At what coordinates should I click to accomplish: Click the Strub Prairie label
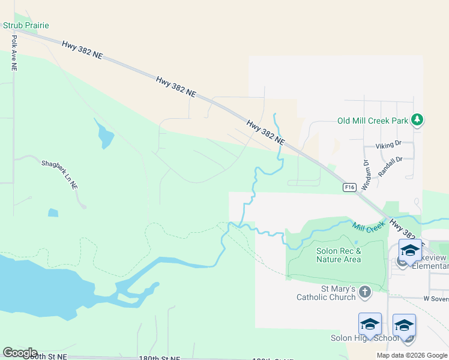tap(26, 25)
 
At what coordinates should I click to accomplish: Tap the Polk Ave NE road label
tap(13, 53)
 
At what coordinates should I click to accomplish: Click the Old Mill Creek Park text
tap(373, 121)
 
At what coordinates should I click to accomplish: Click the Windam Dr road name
tap(366, 168)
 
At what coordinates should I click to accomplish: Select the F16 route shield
tap(350, 187)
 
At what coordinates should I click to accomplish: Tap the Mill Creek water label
tap(367, 226)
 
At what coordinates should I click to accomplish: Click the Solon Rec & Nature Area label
tap(339, 255)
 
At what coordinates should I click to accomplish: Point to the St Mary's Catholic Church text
tap(327, 293)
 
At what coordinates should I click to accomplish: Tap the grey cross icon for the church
tap(365, 292)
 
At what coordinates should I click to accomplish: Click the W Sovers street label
tap(436, 298)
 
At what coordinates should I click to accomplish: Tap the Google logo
tap(20, 353)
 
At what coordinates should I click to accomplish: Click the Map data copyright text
tap(411, 355)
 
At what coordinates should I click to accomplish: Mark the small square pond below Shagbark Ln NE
tap(53, 212)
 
